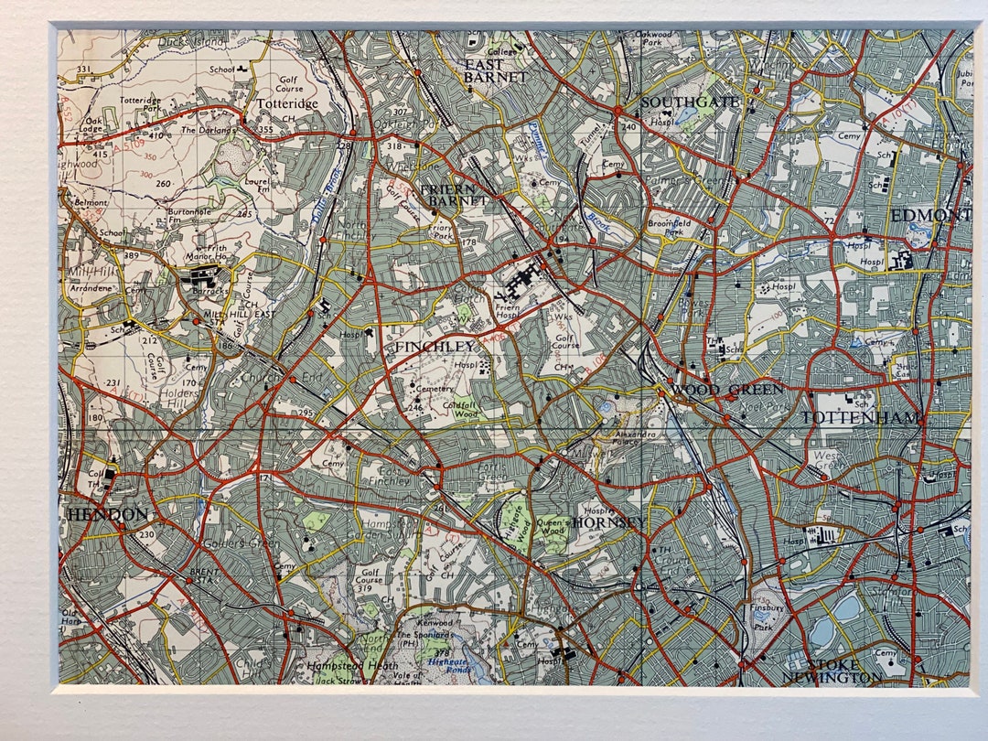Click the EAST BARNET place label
point(495,71)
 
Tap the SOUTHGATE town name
point(689,102)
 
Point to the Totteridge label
point(285,104)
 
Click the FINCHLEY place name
point(435,347)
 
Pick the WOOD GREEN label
point(727,390)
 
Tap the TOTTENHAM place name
point(863,417)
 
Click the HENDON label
point(107,514)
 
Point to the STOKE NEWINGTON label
point(832,671)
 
